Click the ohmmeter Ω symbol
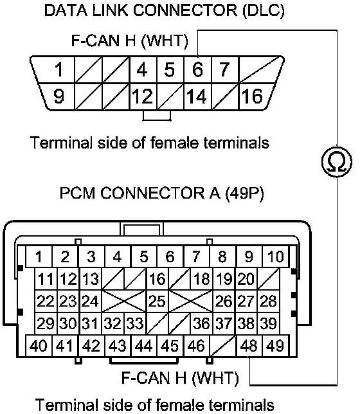337,161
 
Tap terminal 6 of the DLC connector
198,69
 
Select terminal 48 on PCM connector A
249,346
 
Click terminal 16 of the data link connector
253,96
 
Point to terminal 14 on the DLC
198,96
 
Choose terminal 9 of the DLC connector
59,96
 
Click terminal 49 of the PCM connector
276,346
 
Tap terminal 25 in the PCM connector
157,301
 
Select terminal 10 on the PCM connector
276,256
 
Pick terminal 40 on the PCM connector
39,346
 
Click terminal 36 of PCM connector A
201,323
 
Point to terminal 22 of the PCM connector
46,301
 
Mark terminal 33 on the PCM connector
135,323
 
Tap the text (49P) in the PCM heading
244,194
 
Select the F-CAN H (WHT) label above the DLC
130,41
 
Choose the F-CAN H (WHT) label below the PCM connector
180,378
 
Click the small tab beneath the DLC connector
157,116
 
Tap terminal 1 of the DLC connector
59,69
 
